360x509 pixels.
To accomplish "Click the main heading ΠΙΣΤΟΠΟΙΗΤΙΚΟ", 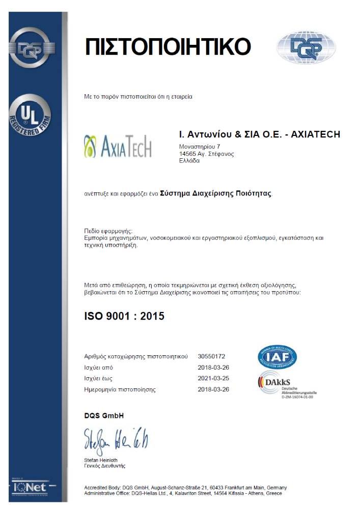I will (168, 47).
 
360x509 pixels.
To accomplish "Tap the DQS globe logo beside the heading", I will (306, 47).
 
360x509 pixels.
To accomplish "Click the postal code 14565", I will (187, 153).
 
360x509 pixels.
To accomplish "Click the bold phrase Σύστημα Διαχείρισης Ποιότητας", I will (216, 193).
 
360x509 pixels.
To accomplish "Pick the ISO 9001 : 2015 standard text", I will (124, 316).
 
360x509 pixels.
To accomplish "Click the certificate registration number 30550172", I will (211, 356).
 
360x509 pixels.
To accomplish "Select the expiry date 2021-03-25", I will (213, 378).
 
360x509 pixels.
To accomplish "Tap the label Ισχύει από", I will (98, 367).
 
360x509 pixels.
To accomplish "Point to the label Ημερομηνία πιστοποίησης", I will (120, 389).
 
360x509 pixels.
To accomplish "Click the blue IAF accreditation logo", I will (277, 357).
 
